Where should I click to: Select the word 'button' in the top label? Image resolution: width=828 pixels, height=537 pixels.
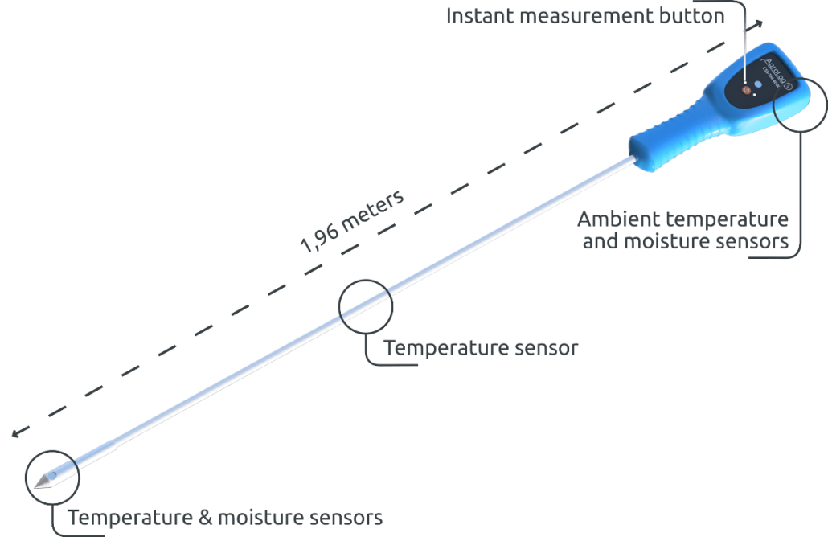695,15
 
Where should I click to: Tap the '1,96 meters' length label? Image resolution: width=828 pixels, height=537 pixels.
351,223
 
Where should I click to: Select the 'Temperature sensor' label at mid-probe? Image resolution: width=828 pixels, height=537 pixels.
481,348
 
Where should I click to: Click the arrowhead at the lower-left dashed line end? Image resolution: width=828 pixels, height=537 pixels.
15,434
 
